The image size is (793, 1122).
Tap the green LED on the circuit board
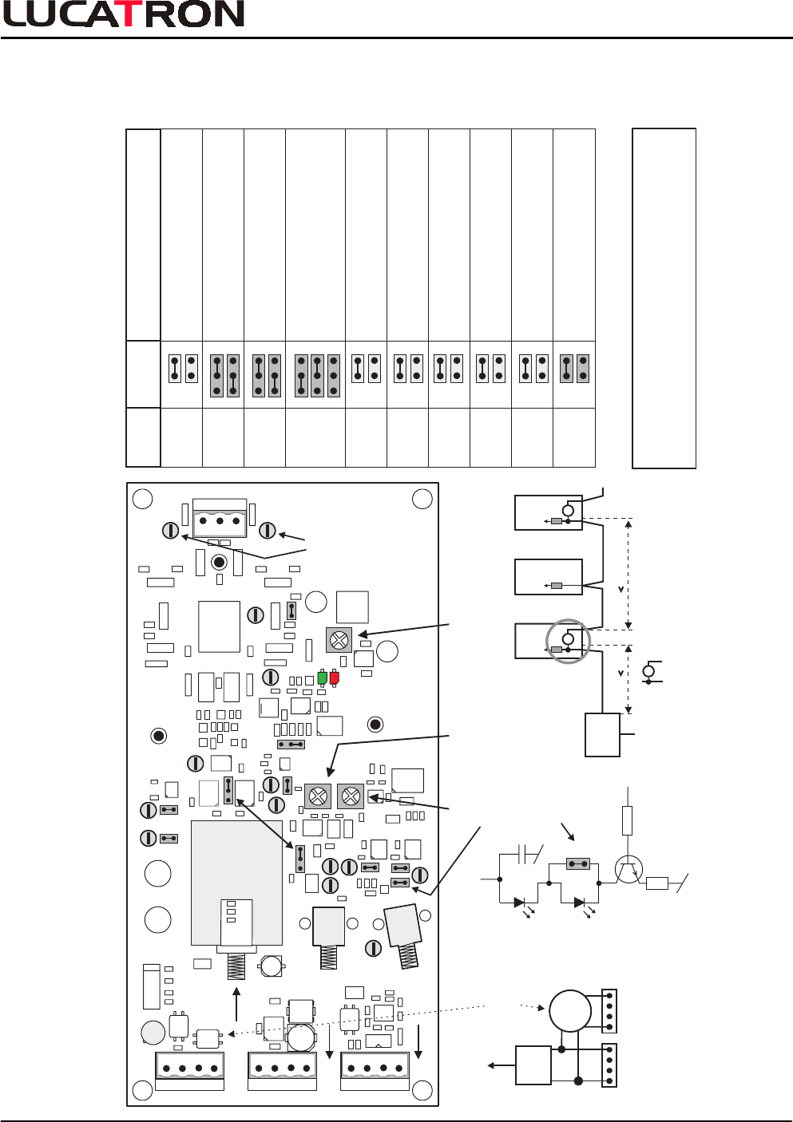[x=323, y=678]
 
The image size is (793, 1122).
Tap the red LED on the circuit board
[x=334, y=678]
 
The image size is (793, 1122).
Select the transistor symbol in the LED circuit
[x=629, y=869]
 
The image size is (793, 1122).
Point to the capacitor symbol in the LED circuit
[x=526, y=855]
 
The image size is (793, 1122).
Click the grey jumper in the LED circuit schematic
[x=577, y=863]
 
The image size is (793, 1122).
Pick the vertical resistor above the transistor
[x=627, y=820]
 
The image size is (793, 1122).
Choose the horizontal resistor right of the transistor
[x=656, y=883]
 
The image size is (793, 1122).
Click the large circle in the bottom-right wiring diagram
[x=570, y=1010]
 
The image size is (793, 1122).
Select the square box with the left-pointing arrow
[x=533, y=1065]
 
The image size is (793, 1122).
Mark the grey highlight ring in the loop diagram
[x=568, y=640]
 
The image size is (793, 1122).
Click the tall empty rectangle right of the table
[x=664, y=298]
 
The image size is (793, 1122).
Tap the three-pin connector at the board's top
[x=220, y=520]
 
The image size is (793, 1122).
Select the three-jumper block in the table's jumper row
[x=317, y=375]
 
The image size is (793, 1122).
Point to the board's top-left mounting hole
[x=142, y=499]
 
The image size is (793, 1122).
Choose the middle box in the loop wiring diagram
[x=548, y=577]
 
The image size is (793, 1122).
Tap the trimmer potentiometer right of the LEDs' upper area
[x=339, y=639]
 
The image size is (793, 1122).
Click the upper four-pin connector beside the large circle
[x=609, y=1009]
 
